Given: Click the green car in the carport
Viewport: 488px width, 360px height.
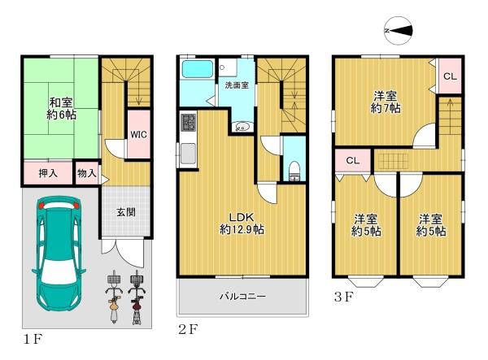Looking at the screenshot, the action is tap(59, 254).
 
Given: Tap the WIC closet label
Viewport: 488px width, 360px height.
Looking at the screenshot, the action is tap(138, 135).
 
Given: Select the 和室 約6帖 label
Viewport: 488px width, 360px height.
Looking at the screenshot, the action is tap(62, 109).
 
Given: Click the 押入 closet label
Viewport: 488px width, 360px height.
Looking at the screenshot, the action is tap(48, 173).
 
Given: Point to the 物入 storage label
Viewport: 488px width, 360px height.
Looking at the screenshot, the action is tap(87, 173).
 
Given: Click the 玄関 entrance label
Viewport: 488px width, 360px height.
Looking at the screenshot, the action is tap(126, 212).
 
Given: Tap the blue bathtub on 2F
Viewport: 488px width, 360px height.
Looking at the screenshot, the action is tap(198, 69).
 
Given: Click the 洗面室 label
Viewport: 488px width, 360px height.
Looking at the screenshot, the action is tap(237, 85).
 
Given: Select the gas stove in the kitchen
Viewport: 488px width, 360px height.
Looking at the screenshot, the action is tap(189, 122).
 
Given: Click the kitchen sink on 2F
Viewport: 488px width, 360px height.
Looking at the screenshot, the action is tap(189, 153).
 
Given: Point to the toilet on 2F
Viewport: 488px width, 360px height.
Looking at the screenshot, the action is tap(294, 171).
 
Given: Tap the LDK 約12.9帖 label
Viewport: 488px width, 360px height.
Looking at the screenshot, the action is tap(242, 223).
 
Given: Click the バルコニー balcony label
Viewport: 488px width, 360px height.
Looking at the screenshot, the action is tap(242, 297).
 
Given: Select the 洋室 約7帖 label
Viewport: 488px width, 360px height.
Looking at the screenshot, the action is tap(386, 102).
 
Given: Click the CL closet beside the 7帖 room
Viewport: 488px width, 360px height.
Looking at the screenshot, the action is tap(450, 76).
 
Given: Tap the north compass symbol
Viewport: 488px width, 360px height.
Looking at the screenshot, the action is tap(399, 30).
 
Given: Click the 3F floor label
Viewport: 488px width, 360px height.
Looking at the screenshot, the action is tap(343, 297).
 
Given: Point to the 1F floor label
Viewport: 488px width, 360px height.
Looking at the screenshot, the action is tap(33, 339).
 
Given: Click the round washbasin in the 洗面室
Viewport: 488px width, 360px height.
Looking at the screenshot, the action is tap(242, 127).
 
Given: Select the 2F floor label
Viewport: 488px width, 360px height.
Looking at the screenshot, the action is tap(188, 329).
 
